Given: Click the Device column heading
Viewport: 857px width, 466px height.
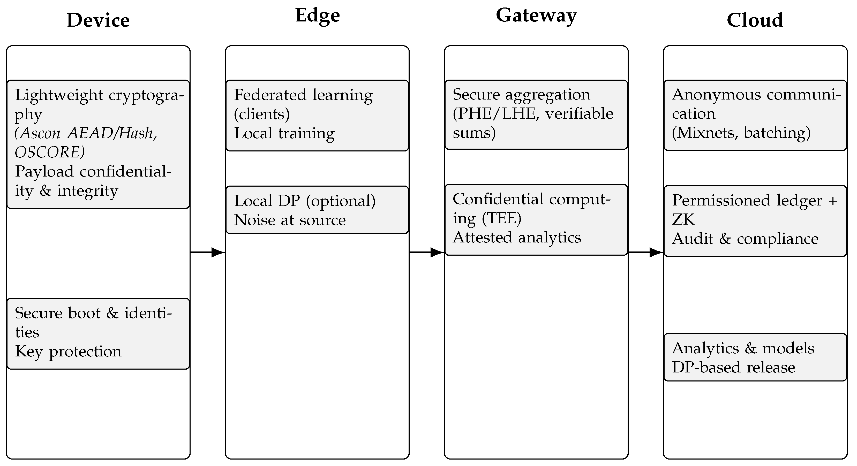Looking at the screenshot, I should point(98,20).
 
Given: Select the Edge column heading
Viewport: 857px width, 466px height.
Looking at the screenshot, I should point(317,15).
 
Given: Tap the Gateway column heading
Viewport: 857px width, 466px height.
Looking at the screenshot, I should point(536,15).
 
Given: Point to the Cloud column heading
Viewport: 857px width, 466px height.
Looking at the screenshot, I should point(755,20).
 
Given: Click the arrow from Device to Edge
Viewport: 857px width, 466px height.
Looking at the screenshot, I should point(208,253).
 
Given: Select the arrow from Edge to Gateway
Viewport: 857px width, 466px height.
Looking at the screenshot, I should point(426,253).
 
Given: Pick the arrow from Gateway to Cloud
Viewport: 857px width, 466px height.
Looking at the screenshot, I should point(645,253).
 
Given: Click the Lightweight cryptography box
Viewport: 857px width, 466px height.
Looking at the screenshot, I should point(98,144).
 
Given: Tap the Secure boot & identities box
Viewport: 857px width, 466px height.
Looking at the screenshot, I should point(98,333).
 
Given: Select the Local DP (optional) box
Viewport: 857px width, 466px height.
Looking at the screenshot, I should point(317,210).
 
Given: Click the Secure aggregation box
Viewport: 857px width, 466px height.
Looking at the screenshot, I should point(536,114).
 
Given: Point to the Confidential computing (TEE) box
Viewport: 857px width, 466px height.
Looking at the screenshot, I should point(536,219).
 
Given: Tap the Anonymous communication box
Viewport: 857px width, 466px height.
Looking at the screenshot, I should point(755,115).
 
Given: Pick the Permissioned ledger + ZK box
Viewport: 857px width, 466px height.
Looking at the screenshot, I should point(755,220).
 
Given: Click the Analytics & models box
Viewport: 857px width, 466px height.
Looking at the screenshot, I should point(755,357).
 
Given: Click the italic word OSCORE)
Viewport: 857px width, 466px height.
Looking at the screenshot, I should point(50,152).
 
